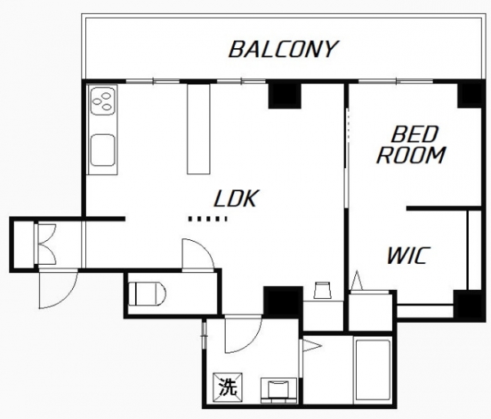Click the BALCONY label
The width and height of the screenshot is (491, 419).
[283, 49]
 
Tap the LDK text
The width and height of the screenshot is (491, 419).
[236, 198]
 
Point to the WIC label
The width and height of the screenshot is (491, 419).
[408, 256]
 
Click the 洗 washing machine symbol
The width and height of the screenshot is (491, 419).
[227, 386]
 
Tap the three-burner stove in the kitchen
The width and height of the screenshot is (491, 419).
[103, 101]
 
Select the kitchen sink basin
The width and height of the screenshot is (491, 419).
[102, 150]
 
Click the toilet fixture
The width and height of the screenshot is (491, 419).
[147, 294]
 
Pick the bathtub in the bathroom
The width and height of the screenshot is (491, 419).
[373, 370]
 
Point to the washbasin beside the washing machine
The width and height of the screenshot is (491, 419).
[278, 389]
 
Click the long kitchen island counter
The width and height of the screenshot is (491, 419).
[199, 129]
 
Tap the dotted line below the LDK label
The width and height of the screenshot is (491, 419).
[208, 219]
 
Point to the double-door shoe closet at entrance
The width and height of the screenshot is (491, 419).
[47, 243]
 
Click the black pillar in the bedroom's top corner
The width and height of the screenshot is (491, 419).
[469, 96]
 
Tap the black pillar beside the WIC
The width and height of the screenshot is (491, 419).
[467, 304]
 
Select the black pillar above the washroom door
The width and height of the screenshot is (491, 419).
[283, 301]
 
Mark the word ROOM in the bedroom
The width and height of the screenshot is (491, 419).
[411, 155]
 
